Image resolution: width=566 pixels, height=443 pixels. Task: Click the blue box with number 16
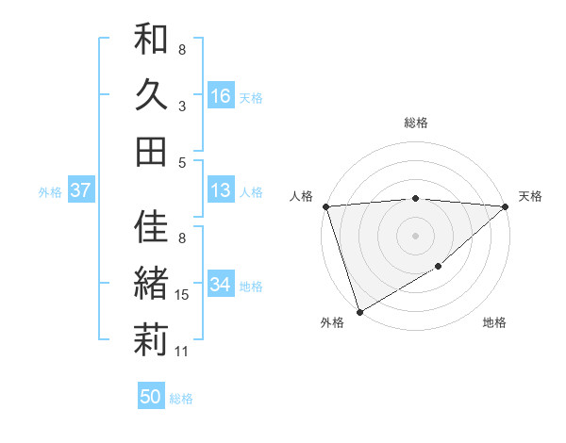221,95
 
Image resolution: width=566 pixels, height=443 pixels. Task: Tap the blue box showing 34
221,285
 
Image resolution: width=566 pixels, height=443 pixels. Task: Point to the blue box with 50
151,397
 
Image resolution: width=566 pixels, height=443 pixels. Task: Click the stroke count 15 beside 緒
183,296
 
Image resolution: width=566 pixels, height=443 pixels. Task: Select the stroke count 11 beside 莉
183,352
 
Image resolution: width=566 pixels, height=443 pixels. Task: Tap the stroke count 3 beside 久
182,107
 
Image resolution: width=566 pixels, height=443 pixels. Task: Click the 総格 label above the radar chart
416,123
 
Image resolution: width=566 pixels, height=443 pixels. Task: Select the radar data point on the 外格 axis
359,312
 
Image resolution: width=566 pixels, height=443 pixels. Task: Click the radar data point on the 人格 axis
325,206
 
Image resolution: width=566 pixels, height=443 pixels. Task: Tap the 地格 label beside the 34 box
251,286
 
